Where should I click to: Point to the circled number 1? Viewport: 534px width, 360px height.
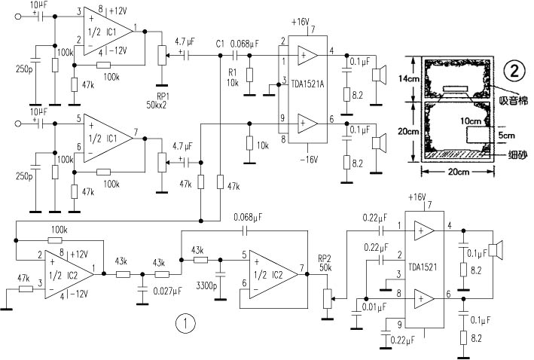[x=185, y=325]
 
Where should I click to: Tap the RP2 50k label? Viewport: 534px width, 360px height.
[x=325, y=262]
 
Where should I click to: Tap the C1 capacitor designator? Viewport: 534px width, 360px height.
[x=219, y=42]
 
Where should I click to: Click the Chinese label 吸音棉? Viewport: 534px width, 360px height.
[x=512, y=100]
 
